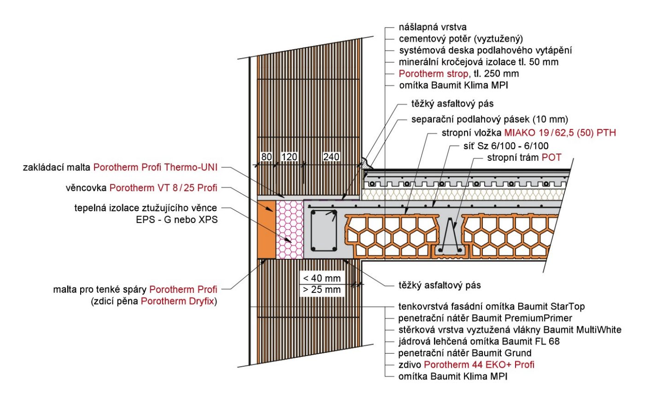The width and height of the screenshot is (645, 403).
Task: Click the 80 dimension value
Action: (266, 157)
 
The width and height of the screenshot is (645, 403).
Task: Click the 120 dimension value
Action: (289, 157)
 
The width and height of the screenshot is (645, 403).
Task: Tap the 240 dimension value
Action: (331, 157)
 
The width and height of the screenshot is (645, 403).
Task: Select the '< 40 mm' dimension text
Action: (322, 278)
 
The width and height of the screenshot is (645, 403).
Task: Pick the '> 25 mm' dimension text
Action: (322, 290)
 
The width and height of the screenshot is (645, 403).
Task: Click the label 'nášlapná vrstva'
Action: (433, 27)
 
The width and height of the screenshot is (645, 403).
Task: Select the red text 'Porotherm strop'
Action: (434, 74)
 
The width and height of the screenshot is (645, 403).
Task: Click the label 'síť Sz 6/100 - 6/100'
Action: (506, 146)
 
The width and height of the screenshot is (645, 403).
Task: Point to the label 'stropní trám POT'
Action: (524, 158)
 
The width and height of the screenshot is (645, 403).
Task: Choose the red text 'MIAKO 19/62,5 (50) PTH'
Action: (560, 133)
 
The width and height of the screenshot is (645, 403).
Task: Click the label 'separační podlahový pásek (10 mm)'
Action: (490, 120)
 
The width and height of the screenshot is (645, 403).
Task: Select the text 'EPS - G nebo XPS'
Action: (176, 220)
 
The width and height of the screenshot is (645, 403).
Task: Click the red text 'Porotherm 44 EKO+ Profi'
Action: (479, 365)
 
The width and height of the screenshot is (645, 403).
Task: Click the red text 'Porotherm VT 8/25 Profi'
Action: (163, 188)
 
